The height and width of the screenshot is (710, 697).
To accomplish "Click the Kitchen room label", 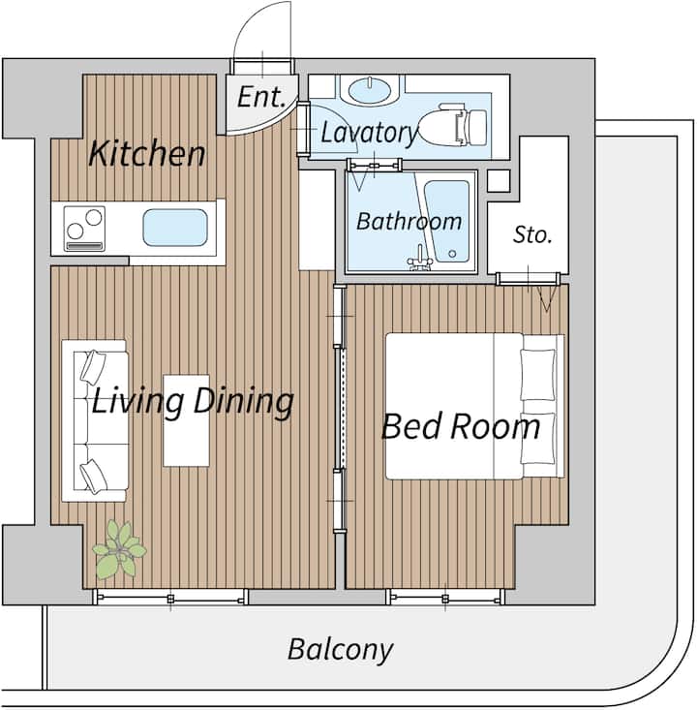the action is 146,153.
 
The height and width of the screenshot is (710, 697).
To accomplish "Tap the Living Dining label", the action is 193,402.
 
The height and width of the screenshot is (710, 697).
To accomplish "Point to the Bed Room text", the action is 461,426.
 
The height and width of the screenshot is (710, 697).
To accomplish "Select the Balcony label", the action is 341,650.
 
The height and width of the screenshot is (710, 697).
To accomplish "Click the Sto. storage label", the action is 532,234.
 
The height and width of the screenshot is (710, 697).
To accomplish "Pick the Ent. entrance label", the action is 261,97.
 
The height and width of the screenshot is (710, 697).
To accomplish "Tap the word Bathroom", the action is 409,222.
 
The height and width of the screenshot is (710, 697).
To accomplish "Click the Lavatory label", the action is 369,133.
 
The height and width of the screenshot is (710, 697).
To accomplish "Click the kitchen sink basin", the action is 175,228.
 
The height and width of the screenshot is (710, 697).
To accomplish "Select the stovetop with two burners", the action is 84,229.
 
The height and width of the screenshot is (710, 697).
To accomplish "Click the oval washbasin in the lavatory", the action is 370,89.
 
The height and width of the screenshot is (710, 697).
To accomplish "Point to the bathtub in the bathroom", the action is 446,222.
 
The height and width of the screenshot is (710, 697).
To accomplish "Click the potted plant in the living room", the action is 119,549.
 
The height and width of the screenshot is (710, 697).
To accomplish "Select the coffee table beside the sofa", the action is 186,420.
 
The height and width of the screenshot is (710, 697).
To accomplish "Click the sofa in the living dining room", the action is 94,421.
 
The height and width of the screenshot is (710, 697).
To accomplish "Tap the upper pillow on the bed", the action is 537,375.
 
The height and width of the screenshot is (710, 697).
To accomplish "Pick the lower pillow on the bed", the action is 537,439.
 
